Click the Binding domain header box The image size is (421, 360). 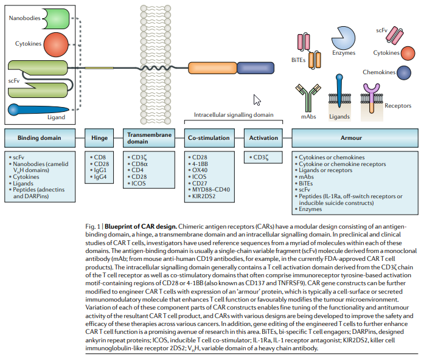40,138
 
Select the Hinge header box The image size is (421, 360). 100,138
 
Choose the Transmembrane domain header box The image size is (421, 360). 148,138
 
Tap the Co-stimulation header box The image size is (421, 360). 209,138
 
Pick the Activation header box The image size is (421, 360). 263,138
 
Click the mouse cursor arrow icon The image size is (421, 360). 257,100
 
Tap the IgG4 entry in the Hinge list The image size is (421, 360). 100,177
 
